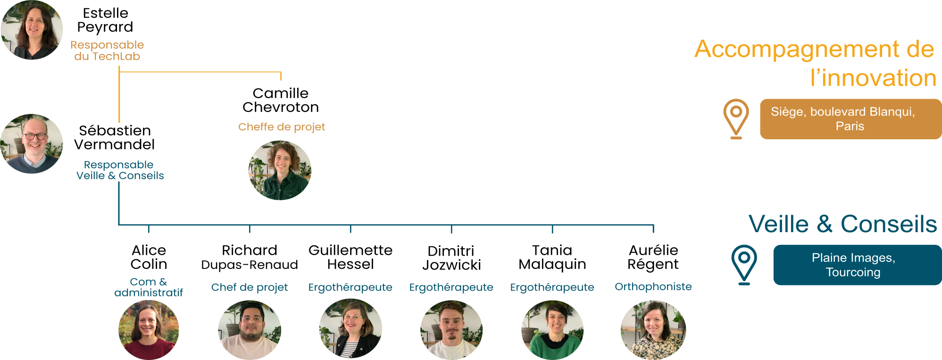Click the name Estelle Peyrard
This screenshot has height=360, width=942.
click(x=105, y=20)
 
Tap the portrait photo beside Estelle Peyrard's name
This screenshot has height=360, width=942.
click(x=32, y=30)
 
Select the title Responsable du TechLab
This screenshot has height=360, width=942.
click(x=107, y=50)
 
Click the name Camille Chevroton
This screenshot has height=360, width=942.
click(x=281, y=100)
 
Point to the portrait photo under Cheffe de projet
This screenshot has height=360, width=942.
click(x=280, y=170)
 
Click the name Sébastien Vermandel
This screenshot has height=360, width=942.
click(x=115, y=137)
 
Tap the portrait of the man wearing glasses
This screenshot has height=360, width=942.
click(x=32, y=143)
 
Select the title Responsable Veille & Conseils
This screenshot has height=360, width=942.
click(x=120, y=170)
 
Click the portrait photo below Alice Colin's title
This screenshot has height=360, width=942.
click(x=149, y=330)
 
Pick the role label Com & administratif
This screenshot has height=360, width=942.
click(x=149, y=287)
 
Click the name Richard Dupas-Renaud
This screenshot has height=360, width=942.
click(x=250, y=257)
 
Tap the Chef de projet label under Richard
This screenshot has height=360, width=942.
click(x=250, y=287)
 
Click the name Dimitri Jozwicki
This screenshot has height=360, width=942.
click(x=451, y=258)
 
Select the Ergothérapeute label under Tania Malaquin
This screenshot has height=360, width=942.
click(x=552, y=287)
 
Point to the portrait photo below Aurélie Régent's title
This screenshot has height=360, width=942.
click(x=653, y=330)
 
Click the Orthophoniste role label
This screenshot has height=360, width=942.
click(x=653, y=286)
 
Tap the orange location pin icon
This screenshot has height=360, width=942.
click(x=736, y=118)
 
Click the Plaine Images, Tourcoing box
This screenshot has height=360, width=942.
click(x=857, y=265)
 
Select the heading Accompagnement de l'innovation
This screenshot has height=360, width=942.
click(x=815, y=63)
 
